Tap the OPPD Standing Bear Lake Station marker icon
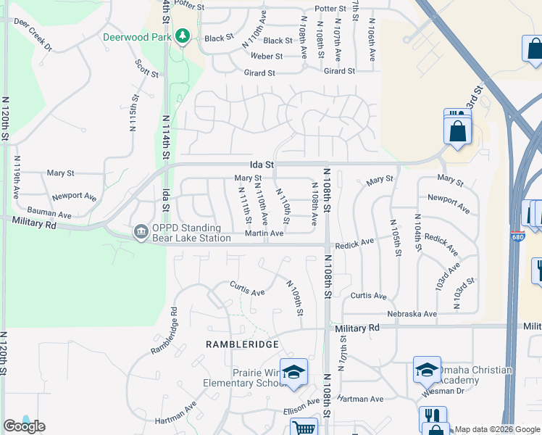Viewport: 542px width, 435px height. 139,233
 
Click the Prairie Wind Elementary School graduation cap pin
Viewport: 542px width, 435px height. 293,372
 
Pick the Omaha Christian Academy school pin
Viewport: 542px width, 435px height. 427,370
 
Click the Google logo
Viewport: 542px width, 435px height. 24,426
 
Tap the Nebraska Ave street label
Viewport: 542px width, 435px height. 411,314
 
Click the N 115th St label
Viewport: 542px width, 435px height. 133,112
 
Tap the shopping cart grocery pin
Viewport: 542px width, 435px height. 304,428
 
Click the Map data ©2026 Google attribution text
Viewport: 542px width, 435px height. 496,429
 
